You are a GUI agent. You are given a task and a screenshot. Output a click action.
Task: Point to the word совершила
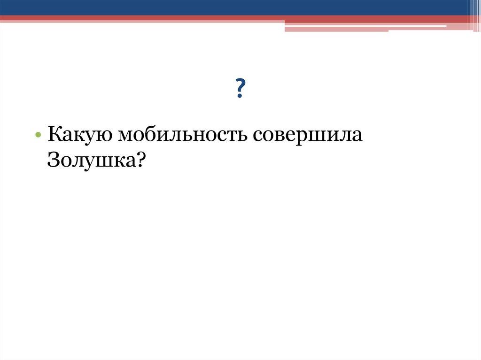(x=308, y=136)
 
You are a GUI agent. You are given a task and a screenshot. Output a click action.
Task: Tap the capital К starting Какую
(x=54, y=135)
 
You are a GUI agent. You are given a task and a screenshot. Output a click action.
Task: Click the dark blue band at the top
(x=235, y=7)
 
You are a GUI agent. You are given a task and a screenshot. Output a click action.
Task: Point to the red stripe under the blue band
(x=141, y=19)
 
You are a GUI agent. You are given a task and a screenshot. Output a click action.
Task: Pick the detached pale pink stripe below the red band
(x=336, y=29)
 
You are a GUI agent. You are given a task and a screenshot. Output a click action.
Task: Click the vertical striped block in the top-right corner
(x=473, y=14)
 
